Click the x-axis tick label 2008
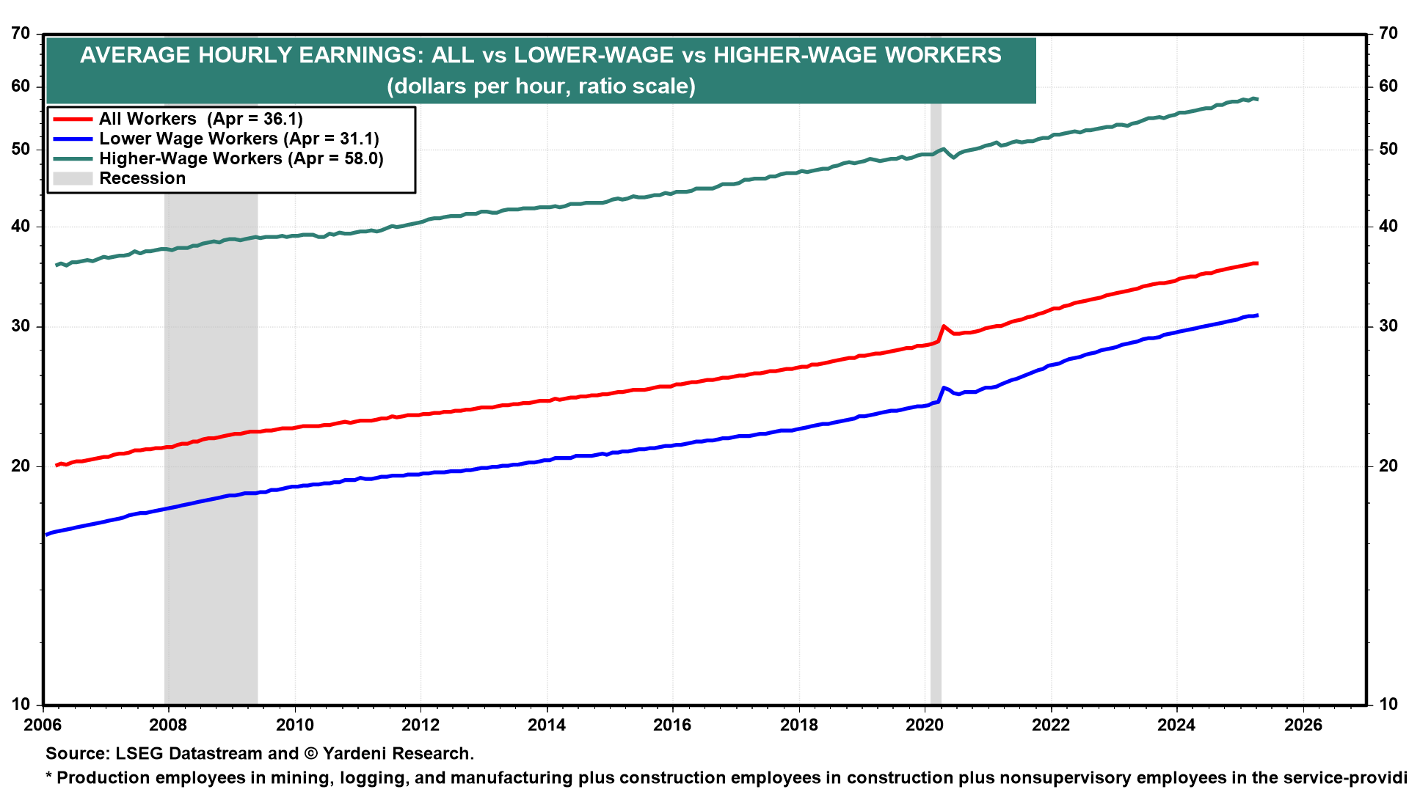[168, 725]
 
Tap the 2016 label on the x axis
[672, 725]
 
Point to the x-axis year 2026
[1303, 725]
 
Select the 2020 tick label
[925, 725]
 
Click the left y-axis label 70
[21, 34]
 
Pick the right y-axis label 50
[1388, 149]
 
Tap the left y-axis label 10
[21, 704]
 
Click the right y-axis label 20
[1388, 466]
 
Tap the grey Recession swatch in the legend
[73, 178]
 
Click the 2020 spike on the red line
[944, 326]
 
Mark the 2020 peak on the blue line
[944, 387]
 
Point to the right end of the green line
[1257, 99]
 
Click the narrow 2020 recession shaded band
[936, 513]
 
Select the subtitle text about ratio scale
[541, 87]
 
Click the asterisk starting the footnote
[50, 776]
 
